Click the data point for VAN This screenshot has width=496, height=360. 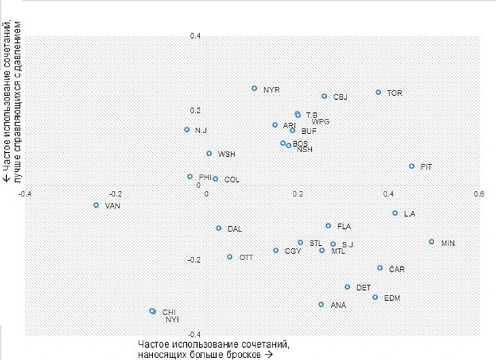click(96, 204)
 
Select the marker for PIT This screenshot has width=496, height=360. click(412, 166)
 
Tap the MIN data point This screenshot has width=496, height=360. click(431, 242)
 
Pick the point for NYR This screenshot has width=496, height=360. click(255, 88)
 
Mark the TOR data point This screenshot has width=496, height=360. click(378, 92)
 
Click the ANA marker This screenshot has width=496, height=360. click(321, 304)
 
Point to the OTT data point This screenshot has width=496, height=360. click(230, 257)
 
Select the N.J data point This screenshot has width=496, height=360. click(187, 130)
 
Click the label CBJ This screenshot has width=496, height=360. click(340, 97)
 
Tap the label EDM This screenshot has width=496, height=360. click(392, 298)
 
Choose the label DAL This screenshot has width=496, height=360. click(234, 229)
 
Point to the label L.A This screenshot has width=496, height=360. click(409, 214)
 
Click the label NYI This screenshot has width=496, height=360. click(172, 319)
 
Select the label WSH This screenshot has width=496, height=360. click(226, 154)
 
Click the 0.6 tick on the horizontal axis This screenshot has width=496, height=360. click(479, 194)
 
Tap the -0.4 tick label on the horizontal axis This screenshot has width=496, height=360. click(26, 194)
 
